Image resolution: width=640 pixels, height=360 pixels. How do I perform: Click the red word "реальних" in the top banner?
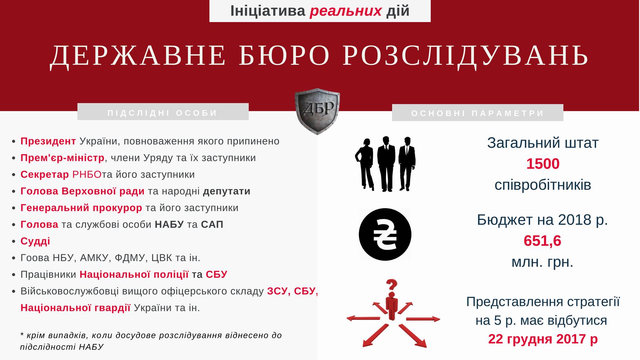[345, 11]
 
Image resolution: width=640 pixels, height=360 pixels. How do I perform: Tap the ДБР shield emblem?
[317, 111]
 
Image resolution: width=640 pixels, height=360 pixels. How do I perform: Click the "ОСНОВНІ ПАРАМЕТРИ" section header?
[478, 113]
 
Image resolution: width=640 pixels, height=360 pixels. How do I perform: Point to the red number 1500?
[543, 164]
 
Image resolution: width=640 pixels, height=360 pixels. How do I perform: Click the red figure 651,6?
[542, 241]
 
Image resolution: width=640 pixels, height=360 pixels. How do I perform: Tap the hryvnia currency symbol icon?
[385, 235]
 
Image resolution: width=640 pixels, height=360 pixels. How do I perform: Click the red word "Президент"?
[48, 141]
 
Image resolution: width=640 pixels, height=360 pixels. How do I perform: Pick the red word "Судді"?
[35, 241]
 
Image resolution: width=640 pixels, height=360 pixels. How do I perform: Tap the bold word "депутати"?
[227, 191]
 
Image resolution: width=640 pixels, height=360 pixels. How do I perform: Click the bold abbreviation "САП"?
[212, 224]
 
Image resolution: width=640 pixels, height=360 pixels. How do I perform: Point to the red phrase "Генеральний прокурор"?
[81, 208]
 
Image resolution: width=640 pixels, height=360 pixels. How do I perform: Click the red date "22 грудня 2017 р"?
[543, 339]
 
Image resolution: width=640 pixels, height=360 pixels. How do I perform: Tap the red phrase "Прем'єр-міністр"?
[63, 158]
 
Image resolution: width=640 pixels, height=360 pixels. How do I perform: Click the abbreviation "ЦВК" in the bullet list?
[162, 258]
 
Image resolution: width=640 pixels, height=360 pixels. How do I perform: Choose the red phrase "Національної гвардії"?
[75, 308]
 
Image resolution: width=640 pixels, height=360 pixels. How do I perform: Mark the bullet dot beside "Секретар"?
[13, 175]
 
